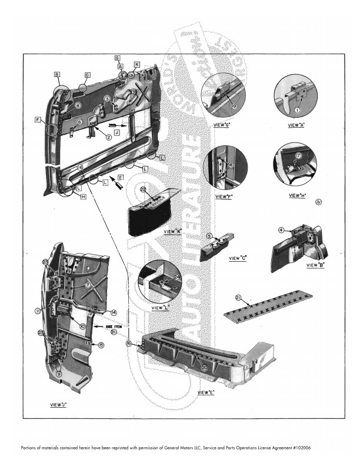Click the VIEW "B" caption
coord(318,265)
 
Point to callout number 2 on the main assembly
coord(108,137)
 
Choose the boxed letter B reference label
coord(57,75)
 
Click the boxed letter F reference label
coord(37,120)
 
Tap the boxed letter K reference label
coord(136,64)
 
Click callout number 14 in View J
coord(114,312)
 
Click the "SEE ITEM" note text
coord(113,326)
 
